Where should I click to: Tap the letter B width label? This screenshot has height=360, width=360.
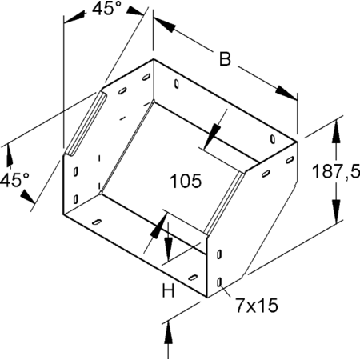[x=225, y=59]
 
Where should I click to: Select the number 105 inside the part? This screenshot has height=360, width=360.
[x=186, y=181]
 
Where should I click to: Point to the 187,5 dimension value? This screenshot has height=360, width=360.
[x=336, y=171]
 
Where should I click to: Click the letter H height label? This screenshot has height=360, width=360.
[x=168, y=290]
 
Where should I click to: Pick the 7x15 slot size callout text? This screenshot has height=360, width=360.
[x=257, y=306]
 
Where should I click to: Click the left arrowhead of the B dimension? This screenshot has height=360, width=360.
[x=165, y=25]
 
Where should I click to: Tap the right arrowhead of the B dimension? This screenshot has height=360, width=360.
[x=286, y=93]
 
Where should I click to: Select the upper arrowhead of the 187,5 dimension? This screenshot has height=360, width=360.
[x=337, y=131]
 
